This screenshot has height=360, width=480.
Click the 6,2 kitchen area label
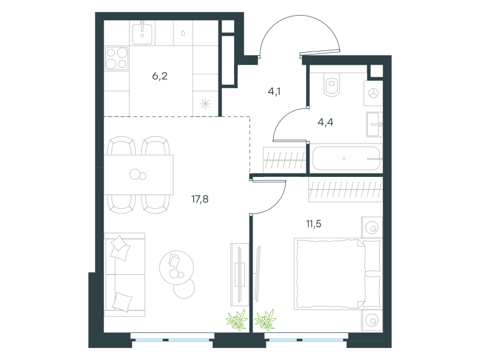tap(160, 76)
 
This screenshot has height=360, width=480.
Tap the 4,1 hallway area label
tap(274, 91)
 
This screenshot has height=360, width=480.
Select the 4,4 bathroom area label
tap(325, 122)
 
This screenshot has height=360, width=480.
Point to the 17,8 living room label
tap(200, 199)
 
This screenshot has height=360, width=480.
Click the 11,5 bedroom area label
tap(314, 224)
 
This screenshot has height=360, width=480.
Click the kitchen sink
tap(142, 33)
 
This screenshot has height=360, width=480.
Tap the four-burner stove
tap(116, 58)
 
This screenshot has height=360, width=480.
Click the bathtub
tap(346, 158)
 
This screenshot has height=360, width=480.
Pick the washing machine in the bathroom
tap(373, 93)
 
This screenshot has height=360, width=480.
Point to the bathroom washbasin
tap(374, 124)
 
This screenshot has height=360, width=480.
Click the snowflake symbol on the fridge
tap(205, 104)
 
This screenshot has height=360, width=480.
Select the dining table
tap(139, 175)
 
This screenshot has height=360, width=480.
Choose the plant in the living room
tap(237, 320)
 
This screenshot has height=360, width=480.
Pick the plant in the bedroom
tap(265, 320)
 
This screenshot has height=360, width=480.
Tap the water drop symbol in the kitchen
tap(183, 33)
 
